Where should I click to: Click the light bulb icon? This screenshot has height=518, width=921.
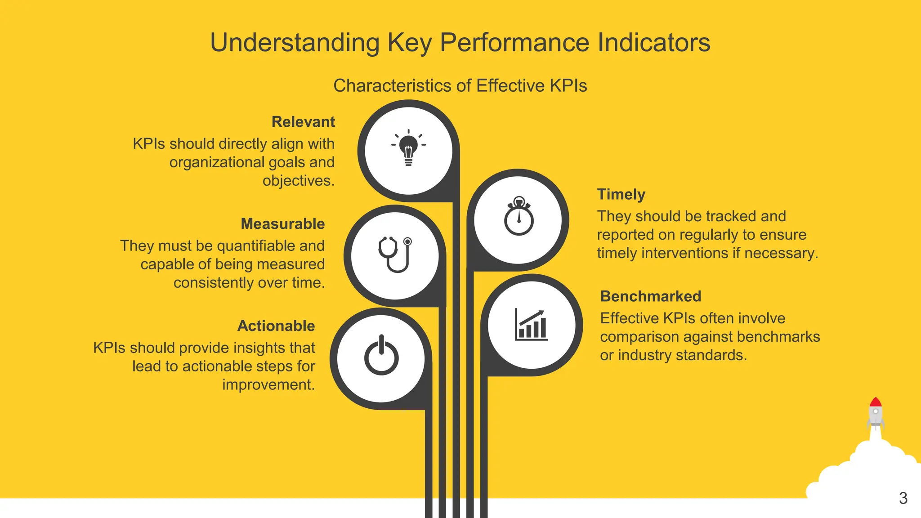click(x=408, y=148)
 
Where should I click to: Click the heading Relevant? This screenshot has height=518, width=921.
click(x=303, y=122)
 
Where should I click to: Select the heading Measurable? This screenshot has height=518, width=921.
click(x=282, y=224)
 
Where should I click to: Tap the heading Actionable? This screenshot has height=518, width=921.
click(x=276, y=326)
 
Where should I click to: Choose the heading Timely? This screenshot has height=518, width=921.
click(x=621, y=194)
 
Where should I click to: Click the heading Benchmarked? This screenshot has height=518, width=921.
click(x=650, y=296)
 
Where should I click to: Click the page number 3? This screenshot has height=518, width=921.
click(x=903, y=498)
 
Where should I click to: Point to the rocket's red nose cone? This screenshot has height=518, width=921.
click(x=875, y=402)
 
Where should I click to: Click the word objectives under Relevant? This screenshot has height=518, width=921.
click(x=298, y=181)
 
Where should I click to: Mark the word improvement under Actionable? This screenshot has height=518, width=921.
click(x=268, y=385)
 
